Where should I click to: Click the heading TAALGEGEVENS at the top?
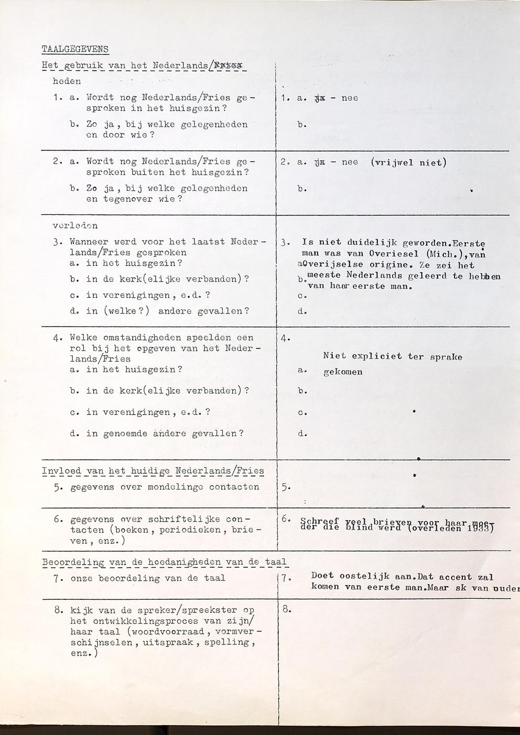click(x=75, y=49)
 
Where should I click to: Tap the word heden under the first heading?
click(x=67, y=81)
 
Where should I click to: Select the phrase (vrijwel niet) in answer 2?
click(x=408, y=162)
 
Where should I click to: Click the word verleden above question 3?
click(x=75, y=226)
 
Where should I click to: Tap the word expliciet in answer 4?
click(x=376, y=356)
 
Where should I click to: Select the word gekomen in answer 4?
click(x=343, y=373)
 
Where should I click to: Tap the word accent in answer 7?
click(x=455, y=577)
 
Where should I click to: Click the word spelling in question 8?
click(x=234, y=642)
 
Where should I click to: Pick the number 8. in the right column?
click(x=286, y=609)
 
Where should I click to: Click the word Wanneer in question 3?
click(x=89, y=242)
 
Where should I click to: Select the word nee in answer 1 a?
click(x=350, y=98)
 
